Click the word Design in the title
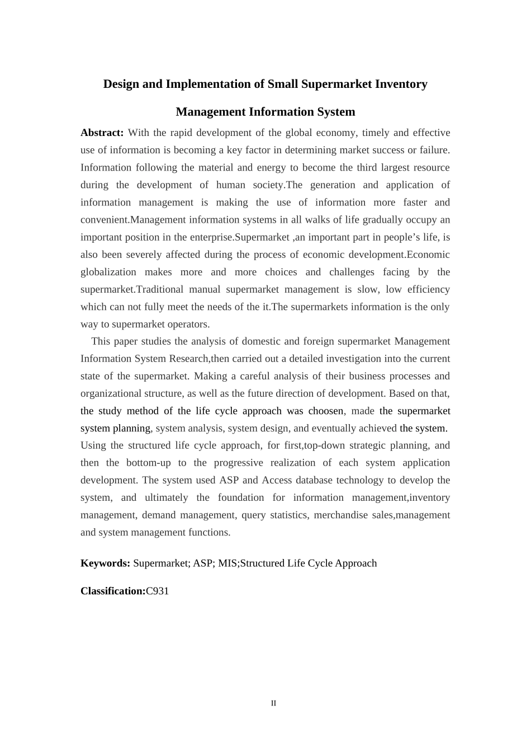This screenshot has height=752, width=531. point(121,84)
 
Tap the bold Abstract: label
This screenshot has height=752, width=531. point(102,133)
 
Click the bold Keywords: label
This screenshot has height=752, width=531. point(106,563)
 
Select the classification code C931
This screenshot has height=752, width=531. point(158,591)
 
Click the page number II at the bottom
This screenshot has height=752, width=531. point(273,703)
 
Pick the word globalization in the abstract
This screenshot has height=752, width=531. point(108,272)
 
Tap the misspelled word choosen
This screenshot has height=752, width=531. point(326,411)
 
